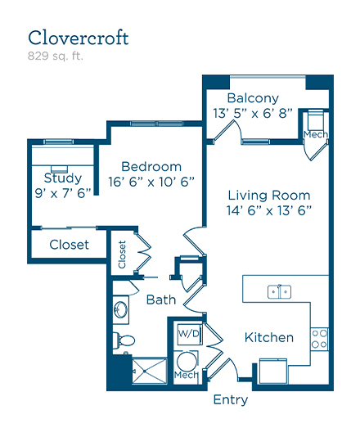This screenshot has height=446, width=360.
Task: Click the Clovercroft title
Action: [79, 38]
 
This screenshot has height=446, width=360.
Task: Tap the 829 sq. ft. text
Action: [56, 56]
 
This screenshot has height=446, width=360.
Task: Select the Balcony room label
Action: [253, 98]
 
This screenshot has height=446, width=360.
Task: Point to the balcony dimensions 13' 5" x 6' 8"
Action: [253, 113]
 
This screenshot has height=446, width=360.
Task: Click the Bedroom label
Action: [151, 167]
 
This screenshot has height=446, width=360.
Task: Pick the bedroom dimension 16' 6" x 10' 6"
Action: [151, 182]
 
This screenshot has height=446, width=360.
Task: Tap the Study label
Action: [63, 178]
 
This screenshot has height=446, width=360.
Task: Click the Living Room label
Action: [269, 196]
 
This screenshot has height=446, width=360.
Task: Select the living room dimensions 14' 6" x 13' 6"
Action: [269, 210]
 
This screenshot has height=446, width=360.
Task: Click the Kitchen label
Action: [269, 338]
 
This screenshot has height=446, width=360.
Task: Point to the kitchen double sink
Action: [279, 292]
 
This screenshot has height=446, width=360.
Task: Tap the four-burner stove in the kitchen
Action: [319, 339]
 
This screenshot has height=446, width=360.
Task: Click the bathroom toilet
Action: [124, 340]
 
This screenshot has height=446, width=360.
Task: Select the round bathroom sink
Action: [121, 309]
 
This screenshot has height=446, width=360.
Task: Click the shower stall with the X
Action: [150, 371]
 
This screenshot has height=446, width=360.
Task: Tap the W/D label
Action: [188, 333]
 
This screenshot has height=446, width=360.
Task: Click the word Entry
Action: [231, 400]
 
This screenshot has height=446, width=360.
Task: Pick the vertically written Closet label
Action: [122, 255]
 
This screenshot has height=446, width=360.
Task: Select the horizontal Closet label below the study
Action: [69, 245]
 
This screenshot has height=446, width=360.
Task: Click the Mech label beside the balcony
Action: [316, 134]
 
